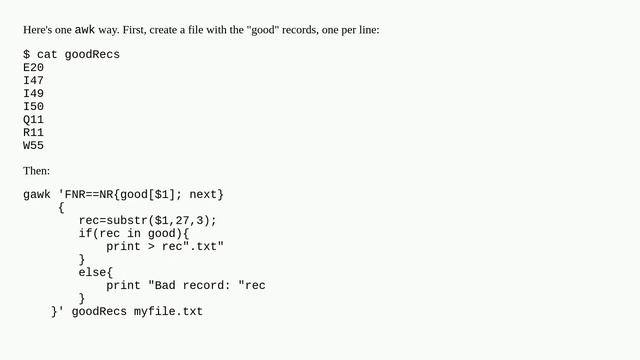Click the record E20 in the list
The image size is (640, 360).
click(x=33, y=67)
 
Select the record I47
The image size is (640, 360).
click(x=33, y=80)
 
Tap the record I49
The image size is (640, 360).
click(x=33, y=93)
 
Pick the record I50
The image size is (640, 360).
click(x=33, y=106)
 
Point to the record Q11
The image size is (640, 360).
click(x=33, y=119)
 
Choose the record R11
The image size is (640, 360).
click(x=33, y=132)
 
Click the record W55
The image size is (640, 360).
click(x=33, y=145)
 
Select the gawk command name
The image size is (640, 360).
click(x=37, y=194)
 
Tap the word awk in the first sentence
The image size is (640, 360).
click(x=86, y=30)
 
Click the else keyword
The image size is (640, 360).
click(x=95, y=272)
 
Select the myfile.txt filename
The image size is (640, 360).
click(x=168, y=311)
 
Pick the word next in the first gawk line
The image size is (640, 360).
click(x=204, y=194)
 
